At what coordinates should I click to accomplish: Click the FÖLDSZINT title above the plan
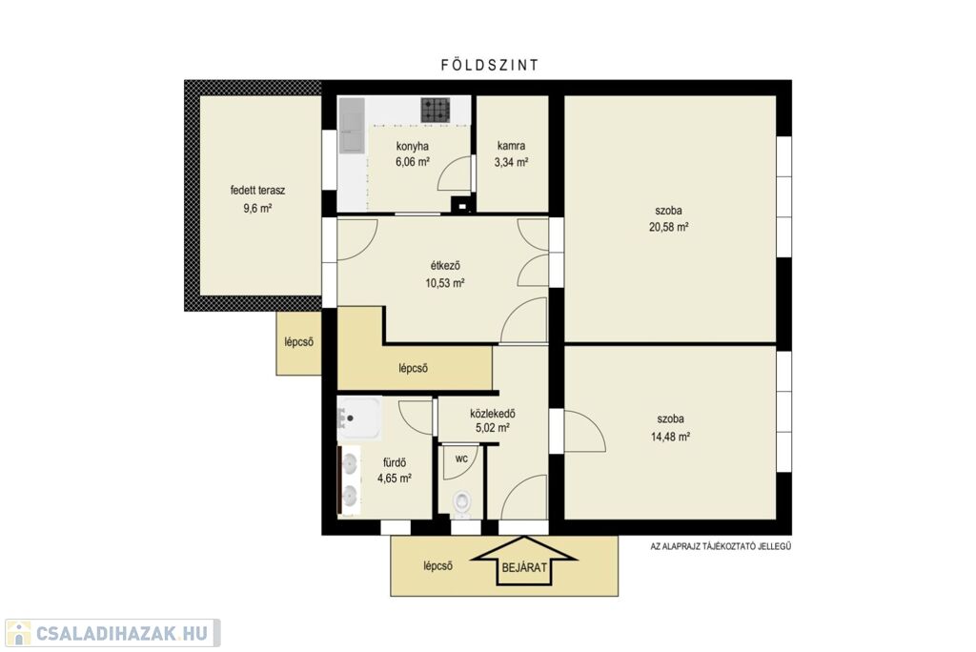(489, 65)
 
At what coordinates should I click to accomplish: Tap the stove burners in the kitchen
(435, 111)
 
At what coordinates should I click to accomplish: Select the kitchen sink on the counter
(352, 126)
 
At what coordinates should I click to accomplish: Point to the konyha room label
(412, 147)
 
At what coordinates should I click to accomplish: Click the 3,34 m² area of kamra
(511, 163)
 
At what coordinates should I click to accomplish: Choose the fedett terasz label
(257, 191)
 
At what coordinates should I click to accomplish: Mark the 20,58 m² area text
(668, 227)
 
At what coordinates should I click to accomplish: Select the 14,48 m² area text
(670, 438)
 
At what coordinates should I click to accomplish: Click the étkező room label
(445, 266)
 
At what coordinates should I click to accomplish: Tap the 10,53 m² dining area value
(445, 283)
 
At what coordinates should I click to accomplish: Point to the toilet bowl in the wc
(461, 502)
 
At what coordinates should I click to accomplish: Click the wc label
(461, 458)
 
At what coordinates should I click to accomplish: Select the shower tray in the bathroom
(359, 418)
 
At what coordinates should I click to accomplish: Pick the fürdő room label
(395, 462)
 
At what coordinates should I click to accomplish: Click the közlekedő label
(493, 414)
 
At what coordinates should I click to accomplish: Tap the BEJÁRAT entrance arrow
(524, 562)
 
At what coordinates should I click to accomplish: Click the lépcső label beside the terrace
(298, 342)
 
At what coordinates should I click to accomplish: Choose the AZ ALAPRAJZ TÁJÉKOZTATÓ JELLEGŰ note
(721, 547)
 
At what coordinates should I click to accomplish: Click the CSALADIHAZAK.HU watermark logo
(112, 633)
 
